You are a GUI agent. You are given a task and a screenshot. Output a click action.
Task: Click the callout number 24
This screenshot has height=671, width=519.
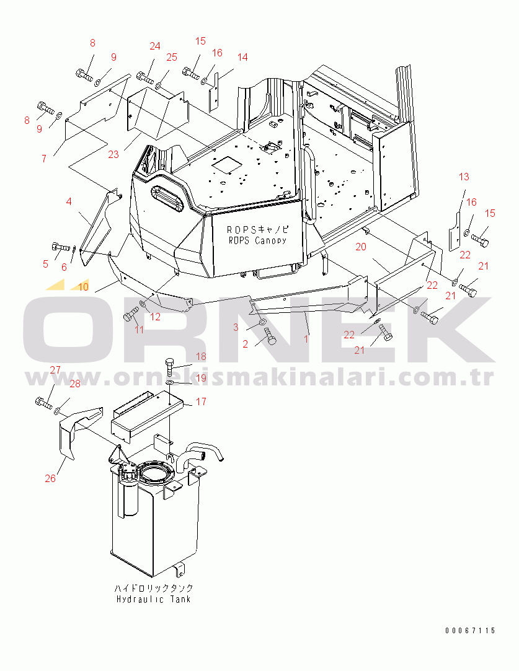click(155, 46)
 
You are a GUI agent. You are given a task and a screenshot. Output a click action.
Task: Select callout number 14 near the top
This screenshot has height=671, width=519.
click(242, 57)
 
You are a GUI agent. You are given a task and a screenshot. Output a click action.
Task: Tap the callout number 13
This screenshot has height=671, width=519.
click(464, 177)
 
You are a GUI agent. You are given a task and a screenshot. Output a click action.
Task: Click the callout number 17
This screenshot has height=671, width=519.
click(201, 401)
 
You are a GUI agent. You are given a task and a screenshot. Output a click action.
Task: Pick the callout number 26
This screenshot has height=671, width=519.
click(50, 478)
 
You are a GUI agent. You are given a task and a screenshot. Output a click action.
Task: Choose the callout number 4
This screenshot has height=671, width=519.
click(69, 201)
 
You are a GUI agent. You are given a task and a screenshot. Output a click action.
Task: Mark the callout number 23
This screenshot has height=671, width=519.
click(113, 154)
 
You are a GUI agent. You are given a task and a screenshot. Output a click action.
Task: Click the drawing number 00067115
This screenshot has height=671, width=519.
click(470, 630)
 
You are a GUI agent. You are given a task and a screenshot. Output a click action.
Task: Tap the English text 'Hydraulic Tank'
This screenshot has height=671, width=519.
click(153, 599)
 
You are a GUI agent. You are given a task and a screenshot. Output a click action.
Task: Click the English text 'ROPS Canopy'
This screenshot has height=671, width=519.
click(257, 240)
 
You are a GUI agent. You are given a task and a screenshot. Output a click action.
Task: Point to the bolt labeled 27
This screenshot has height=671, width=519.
click(43, 403)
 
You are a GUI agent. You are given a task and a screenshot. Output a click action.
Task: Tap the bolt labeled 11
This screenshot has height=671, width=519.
click(129, 315)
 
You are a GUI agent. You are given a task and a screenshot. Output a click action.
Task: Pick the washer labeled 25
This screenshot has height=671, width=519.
click(158, 87)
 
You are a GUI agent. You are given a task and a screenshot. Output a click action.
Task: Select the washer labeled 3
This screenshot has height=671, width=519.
click(262, 321)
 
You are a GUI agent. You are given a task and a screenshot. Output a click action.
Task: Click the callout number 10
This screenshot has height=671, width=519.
click(84, 286)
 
